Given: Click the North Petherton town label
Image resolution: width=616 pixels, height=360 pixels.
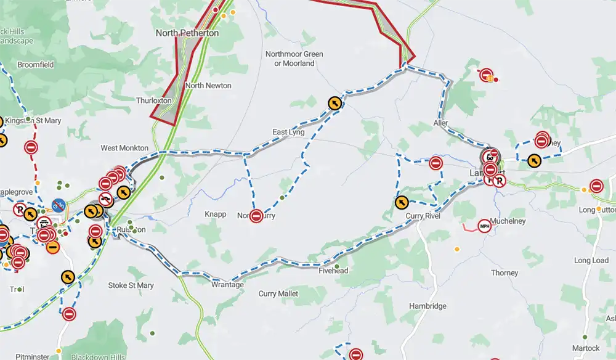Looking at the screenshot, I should tap(187, 33).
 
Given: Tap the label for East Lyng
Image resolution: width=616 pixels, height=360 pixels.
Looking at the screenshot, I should tap(289, 133).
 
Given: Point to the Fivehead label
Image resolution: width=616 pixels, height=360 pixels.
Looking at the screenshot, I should tap(333, 271).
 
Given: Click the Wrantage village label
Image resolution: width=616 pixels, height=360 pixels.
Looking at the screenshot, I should tap(228, 285).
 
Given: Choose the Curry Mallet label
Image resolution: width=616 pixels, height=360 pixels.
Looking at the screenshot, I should tap(278, 294).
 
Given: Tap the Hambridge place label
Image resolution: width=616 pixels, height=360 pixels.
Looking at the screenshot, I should tap(428, 306).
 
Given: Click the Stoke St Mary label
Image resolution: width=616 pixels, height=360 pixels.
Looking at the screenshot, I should tap(131, 285).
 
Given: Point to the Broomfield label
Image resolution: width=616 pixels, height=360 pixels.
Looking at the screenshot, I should tap(36, 65).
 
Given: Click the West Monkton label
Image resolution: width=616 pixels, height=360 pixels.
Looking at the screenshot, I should tap(124, 148).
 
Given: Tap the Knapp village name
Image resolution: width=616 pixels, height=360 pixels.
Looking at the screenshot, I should tap(216, 215).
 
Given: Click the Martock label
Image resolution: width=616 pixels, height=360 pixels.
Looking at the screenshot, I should tap(585, 348).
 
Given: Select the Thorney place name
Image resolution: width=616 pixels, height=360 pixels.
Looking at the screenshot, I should tap(505, 273).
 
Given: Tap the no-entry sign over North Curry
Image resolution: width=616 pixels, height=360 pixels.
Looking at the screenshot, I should tap(257, 216).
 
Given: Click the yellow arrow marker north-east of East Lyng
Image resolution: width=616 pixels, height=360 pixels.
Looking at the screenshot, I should tap(334, 103).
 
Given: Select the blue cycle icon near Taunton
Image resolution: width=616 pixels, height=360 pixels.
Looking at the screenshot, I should tap(59, 204).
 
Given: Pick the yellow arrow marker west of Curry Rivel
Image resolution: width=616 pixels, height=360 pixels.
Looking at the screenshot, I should tap(401, 202).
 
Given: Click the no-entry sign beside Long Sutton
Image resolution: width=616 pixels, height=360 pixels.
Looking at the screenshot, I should tap(596, 186).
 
